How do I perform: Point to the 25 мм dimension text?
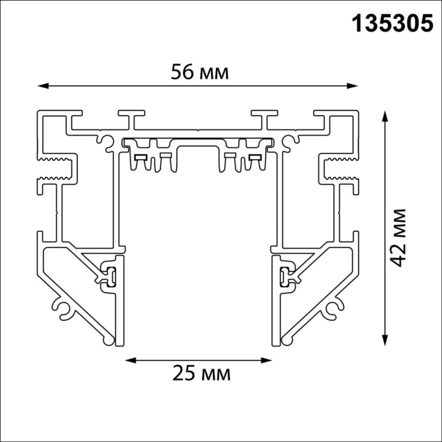point(201,373)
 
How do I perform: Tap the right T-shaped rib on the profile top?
point(263,118)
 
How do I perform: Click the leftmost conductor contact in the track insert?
point(141,157)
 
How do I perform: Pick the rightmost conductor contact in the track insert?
point(254,157)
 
